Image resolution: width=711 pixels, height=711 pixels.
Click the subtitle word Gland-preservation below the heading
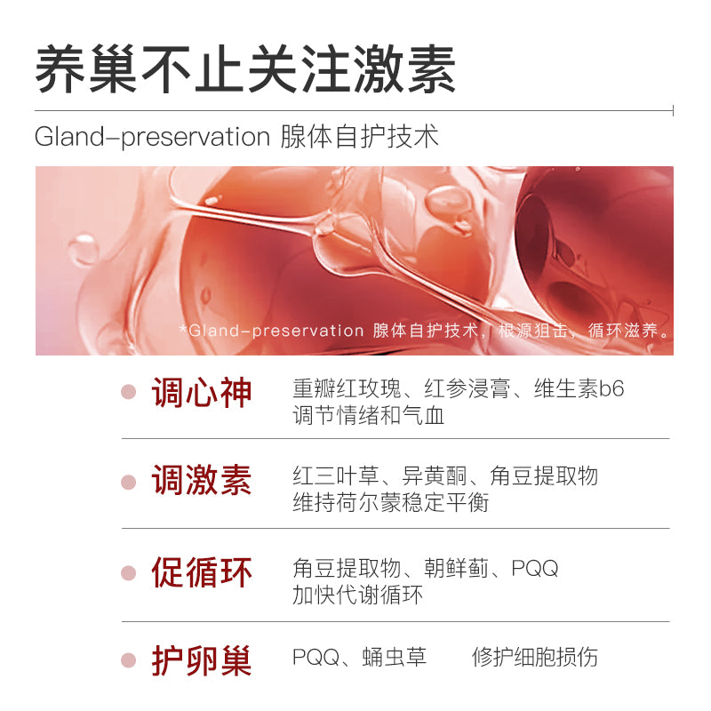tap(152, 137)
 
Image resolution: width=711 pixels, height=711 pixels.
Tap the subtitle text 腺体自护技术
tap(359, 137)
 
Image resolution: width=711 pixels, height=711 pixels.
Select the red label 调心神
tap(202, 391)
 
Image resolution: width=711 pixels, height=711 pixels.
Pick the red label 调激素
tap(202, 481)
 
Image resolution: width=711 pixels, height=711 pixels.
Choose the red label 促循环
tap(202, 572)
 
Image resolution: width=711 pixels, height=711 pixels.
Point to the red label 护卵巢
tap(202, 660)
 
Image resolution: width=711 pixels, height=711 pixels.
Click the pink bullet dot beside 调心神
tap(129, 392)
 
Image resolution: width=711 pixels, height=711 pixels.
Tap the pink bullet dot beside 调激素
tap(129, 482)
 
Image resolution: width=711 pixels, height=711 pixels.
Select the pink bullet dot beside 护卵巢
tap(129, 660)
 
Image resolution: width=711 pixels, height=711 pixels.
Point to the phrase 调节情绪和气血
tap(369, 415)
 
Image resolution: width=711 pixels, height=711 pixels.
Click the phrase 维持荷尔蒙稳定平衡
tap(391, 502)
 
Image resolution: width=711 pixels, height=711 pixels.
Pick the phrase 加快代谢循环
tap(358, 595)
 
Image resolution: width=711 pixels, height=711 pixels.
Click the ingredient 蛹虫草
tap(395, 658)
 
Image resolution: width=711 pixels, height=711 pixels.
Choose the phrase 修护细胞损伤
tap(535, 658)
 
